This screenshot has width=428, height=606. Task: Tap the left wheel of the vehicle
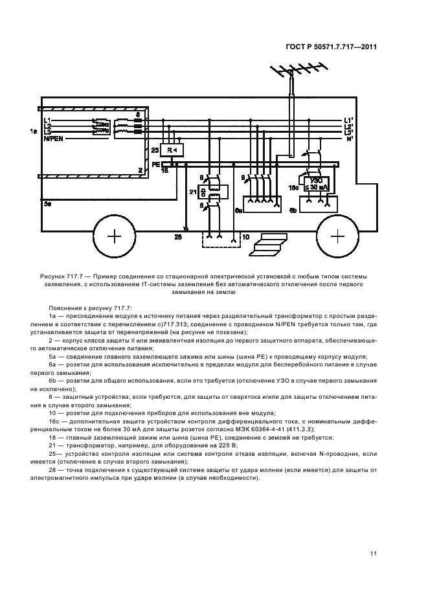114,236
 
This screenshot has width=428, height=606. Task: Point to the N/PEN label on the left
54,139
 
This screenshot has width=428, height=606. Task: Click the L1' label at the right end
349,120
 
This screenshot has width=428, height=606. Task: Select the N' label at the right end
349,139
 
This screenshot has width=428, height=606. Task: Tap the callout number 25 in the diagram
154,150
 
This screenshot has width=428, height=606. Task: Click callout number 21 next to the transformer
192,192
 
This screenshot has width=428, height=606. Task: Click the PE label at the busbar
155,164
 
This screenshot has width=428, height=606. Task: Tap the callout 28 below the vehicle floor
177,238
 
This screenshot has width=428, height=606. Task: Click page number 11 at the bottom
374,553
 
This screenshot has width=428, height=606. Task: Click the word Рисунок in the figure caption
53,276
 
